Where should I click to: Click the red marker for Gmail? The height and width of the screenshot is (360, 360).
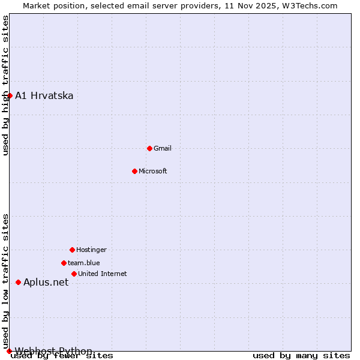pyautogui.click(x=149, y=148)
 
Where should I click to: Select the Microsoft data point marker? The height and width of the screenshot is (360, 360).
pyautogui.click(x=134, y=171)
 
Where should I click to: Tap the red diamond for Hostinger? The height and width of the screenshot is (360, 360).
pyautogui.click(x=72, y=250)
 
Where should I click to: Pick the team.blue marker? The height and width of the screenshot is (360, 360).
pyautogui.click(x=64, y=263)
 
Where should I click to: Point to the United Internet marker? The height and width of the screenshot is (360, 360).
pyautogui.click(x=74, y=274)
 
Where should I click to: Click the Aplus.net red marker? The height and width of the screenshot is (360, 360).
pyautogui.click(x=18, y=282)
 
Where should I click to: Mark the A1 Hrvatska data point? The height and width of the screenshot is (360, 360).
pyautogui.click(x=10, y=95)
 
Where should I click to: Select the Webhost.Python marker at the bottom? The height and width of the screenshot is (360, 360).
pyautogui.click(x=9, y=351)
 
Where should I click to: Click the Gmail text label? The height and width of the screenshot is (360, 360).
pyautogui.click(x=163, y=148)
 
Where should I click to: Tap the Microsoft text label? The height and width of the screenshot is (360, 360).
pyautogui.click(x=153, y=171)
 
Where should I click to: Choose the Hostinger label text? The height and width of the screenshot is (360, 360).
pyautogui.click(x=91, y=250)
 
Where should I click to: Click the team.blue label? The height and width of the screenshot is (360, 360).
pyautogui.click(x=84, y=263)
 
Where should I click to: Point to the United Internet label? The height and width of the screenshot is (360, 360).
pyautogui.click(x=103, y=274)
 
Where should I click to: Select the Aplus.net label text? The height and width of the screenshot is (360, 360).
pyautogui.click(x=46, y=282)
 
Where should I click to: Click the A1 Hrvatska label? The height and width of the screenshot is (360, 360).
pyautogui.click(x=44, y=95)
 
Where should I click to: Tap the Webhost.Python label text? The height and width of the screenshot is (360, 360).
pyautogui.click(x=53, y=351)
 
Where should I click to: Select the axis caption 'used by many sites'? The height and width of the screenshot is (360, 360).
pyautogui.click(x=301, y=356)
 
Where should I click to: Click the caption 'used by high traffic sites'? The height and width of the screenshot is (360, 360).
pyautogui.click(x=5, y=85)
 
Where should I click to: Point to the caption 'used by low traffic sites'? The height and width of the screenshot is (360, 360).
pyautogui.click(x=5, y=281)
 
